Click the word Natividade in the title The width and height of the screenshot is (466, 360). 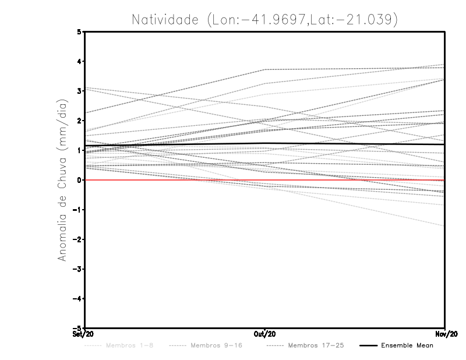tap(165, 19)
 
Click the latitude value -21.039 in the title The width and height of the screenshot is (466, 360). tap(375, 19)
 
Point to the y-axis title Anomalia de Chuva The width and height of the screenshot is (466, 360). tap(61, 180)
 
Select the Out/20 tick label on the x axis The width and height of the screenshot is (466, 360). tap(266, 334)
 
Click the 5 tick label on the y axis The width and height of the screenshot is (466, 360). tap(80, 32)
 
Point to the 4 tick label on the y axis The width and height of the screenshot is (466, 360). tap(80, 62)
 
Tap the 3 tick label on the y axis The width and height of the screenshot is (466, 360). tap(80, 91)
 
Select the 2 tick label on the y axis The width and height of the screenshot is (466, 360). tap(80, 121)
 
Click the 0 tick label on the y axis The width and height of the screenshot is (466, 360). tap(80, 180)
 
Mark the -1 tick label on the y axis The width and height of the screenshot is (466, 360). tap(78, 210)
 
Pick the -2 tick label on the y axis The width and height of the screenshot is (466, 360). tap(78, 239)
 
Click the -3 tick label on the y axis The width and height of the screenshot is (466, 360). tap(78, 269)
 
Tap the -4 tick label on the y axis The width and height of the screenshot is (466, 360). tap(78, 299)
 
